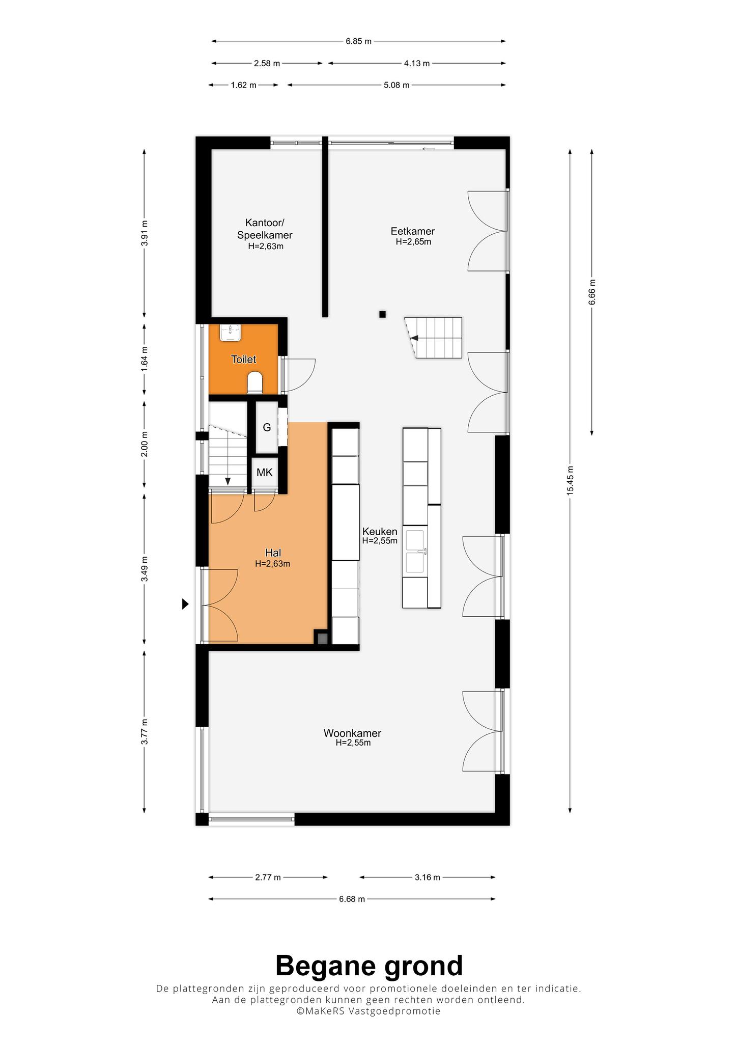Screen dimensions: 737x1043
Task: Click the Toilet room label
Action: (243, 360)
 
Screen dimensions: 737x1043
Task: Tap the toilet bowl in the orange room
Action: (254, 383)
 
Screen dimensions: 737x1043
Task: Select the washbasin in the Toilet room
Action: (230, 333)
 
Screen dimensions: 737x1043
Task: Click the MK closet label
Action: (264, 473)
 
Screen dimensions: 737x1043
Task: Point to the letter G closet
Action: (267, 428)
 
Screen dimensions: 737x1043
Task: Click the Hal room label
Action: (273, 553)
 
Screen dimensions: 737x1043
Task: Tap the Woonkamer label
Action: (352, 733)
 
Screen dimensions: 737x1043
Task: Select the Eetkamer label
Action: (413, 232)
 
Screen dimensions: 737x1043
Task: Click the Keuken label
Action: (380, 532)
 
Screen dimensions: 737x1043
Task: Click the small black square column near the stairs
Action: (382, 314)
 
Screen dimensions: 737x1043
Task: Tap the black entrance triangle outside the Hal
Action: (186, 604)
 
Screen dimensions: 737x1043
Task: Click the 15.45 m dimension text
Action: (570, 480)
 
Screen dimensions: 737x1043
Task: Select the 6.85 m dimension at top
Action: (358, 41)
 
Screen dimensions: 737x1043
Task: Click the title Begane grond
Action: (369, 966)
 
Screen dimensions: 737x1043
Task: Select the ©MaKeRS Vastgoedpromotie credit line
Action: (368, 1011)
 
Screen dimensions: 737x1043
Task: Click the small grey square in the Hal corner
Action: (322, 638)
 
